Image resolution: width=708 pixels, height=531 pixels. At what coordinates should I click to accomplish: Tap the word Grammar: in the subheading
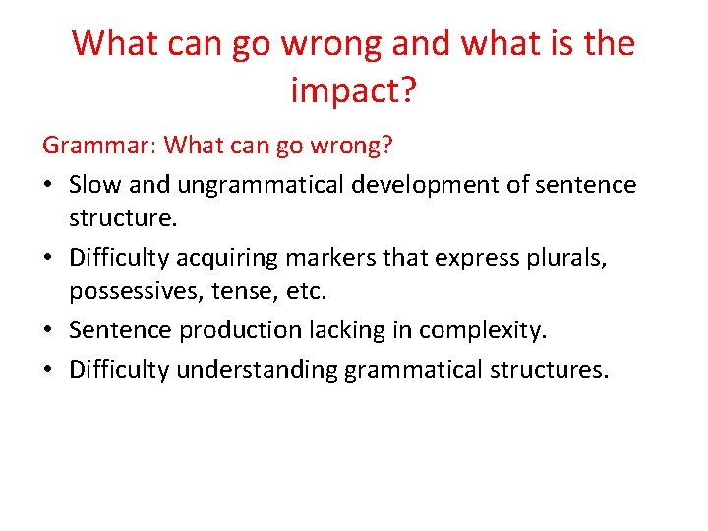(x=99, y=147)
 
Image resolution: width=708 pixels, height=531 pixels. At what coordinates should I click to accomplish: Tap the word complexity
(x=482, y=331)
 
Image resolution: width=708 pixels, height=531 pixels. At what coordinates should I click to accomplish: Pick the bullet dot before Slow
(x=48, y=186)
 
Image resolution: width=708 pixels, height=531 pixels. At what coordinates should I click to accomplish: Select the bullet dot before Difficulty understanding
(x=48, y=371)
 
